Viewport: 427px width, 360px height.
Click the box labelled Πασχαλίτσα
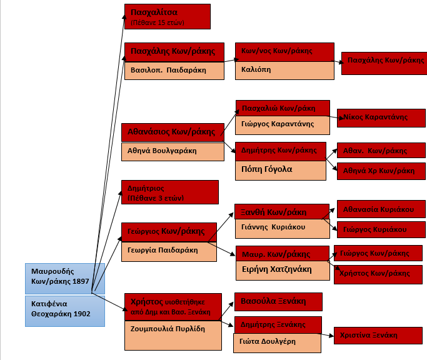tap(167, 16)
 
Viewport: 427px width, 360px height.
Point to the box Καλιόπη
tap(284, 70)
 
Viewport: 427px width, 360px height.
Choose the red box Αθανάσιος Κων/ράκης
tap(172, 132)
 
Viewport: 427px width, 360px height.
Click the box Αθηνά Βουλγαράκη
tap(172, 151)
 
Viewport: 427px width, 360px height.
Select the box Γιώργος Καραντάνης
tap(283, 124)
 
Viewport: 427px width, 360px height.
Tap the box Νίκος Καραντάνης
tap(380, 117)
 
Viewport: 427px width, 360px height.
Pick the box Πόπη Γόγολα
tap(280, 170)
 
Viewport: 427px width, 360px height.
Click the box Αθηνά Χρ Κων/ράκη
tap(381, 171)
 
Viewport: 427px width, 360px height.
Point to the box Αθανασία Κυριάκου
tap(381, 209)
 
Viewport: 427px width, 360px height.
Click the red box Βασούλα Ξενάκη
tap(278, 301)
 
